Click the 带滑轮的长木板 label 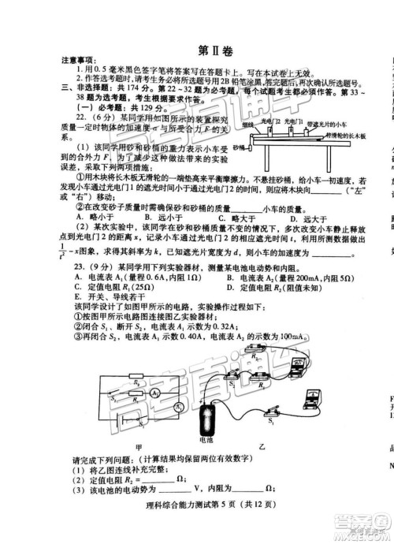coord(348,136)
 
